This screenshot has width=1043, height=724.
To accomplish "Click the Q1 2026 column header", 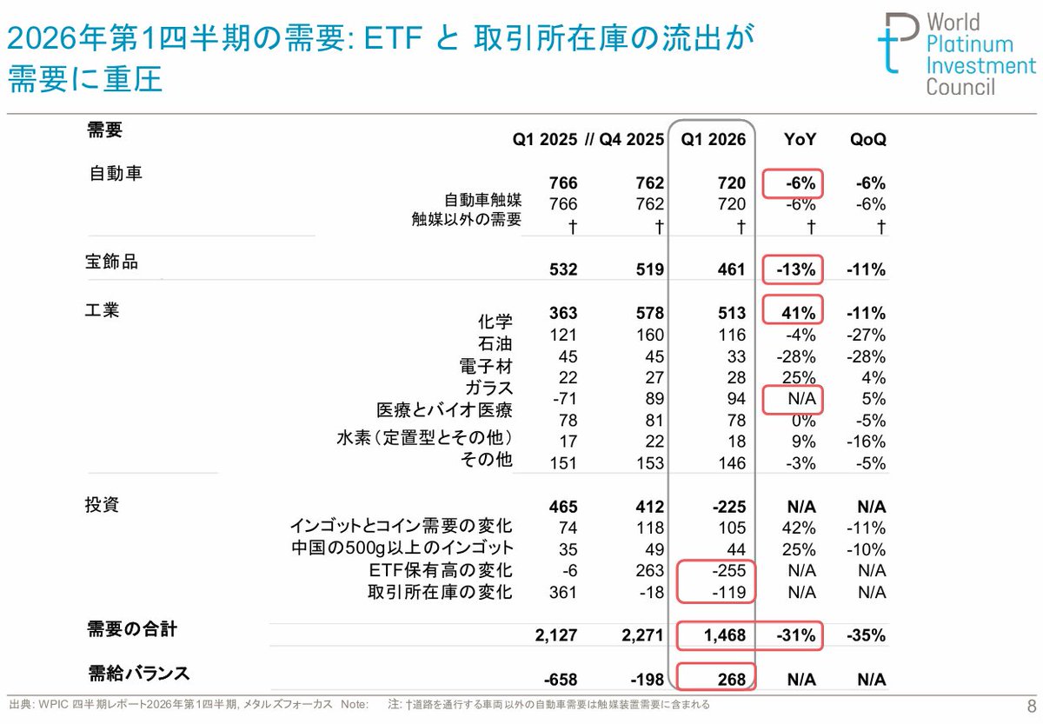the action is pos(713,139).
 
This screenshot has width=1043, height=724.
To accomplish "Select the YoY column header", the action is pos(800,139).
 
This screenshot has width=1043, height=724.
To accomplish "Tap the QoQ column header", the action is pos(868,139).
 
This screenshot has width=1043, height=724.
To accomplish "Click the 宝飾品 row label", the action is pos(111,262).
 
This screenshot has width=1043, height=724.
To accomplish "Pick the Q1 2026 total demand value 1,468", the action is pos(725,635).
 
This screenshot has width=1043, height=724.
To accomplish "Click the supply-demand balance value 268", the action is pos(732,680).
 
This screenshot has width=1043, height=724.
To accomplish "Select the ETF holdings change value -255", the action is pos(728,570).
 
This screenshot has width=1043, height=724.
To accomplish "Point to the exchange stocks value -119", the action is pos(728,592).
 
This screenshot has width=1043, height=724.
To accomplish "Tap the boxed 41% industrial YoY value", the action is pos(799,313).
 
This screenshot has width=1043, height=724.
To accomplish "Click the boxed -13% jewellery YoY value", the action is pos(796,269).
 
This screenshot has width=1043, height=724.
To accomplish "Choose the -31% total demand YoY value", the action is pos(796,635).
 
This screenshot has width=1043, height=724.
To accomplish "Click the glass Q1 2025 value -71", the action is pos(565,399).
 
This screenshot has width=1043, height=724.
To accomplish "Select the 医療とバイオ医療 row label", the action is pos(444,409).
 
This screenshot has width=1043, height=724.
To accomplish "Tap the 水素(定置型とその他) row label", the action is pos(424,437).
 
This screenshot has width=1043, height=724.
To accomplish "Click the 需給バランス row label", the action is pos(139,674).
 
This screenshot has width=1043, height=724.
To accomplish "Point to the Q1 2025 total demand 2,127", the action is pos(556,635).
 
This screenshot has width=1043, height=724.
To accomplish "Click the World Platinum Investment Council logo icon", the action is pos(899,43).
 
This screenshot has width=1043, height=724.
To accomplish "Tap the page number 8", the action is pos(1032,707).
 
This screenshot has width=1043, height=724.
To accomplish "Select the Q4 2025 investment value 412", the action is pos(650,507).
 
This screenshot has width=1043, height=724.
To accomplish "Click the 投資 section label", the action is pos(102,504).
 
